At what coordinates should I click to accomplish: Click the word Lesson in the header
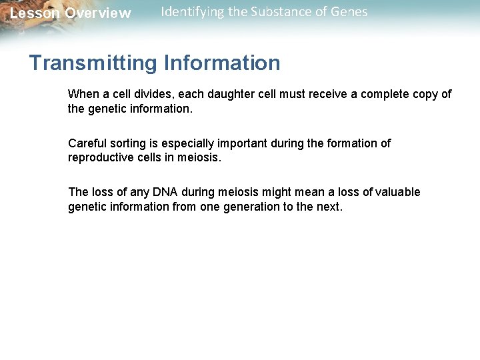point(35,13)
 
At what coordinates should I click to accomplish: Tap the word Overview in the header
point(98,13)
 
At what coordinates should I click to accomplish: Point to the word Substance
point(285,11)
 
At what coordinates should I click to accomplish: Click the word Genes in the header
point(349,11)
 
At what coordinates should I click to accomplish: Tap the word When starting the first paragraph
point(83,94)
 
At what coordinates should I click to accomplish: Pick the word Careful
point(87,143)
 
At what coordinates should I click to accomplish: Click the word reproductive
point(101,157)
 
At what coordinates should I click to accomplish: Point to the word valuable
point(397,192)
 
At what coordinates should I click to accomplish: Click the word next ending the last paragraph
point(329,207)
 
